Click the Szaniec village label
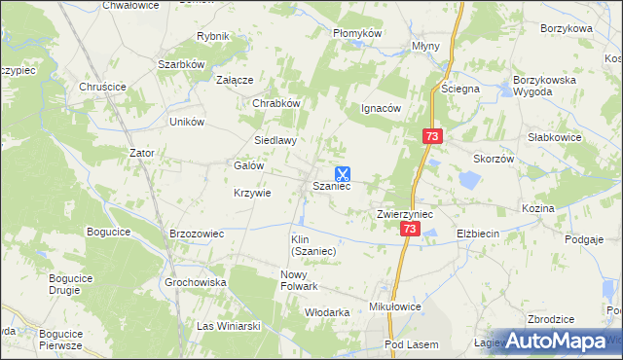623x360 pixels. coord(331,187)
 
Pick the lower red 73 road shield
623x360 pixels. coord(410,229)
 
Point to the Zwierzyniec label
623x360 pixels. coord(405,213)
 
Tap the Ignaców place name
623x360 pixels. coord(382,108)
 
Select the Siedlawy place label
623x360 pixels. coord(275,140)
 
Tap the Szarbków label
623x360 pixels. coord(180,64)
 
